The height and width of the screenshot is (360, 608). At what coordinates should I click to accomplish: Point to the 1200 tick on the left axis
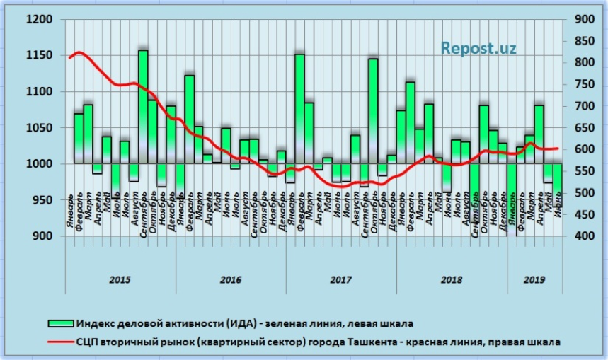click(40, 20)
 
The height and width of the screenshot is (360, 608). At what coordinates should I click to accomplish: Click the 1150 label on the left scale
click(40, 56)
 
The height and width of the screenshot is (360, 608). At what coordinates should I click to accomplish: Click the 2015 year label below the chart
click(120, 279)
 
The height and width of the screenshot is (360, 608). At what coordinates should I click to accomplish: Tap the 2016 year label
click(231, 279)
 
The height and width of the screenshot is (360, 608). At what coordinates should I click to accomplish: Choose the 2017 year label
click(340, 279)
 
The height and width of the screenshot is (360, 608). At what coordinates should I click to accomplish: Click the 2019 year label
click(534, 279)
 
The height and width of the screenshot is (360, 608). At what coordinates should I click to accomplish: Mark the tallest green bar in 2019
click(539, 134)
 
